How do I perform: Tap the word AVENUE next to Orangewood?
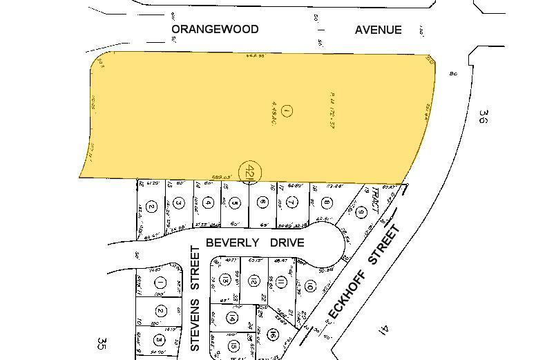coord(378,30)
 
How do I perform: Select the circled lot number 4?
coord(207,203)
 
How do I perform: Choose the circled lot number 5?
coord(235,203)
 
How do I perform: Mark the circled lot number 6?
coord(262,202)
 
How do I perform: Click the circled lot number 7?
coord(292,202)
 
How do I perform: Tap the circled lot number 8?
coord(325,203)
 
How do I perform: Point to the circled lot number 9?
coord(361,211)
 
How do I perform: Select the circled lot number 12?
coord(253,281)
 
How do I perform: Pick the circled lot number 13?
coord(226,280)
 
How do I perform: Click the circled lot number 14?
coord(232,318)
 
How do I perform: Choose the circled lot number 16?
coord(274,334)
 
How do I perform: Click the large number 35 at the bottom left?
coord(102,343)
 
